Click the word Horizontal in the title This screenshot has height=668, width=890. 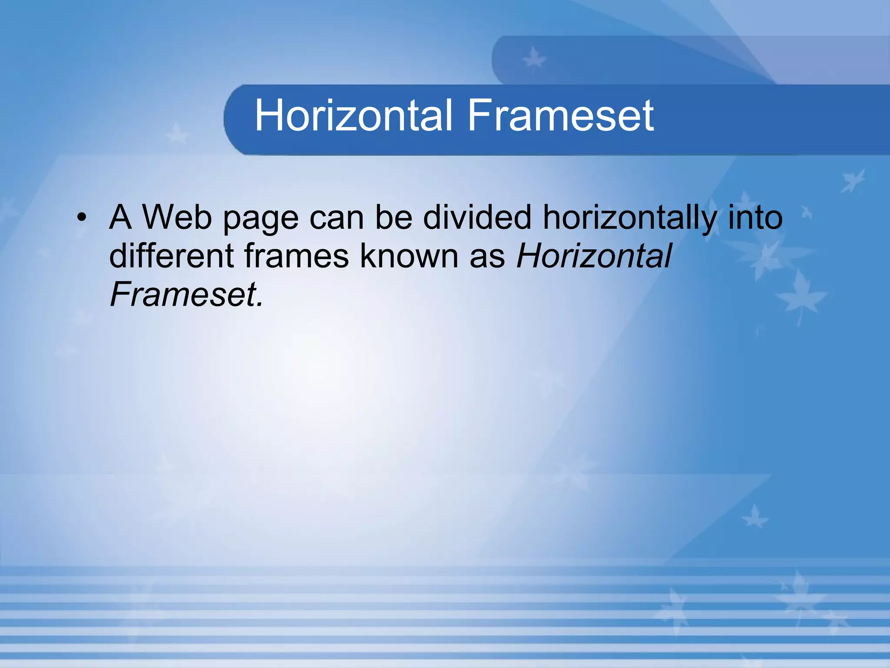tap(354, 115)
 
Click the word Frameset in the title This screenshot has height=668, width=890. tap(561, 115)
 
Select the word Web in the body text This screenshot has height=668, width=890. tap(177, 217)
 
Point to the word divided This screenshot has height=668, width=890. tap(477, 217)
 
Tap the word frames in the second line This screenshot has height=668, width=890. tap(296, 256)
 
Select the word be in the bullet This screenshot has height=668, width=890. tap(394, 217)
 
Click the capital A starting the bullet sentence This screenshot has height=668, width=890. tap(120, 217)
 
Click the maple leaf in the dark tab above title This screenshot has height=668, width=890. tap(534, 59)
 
